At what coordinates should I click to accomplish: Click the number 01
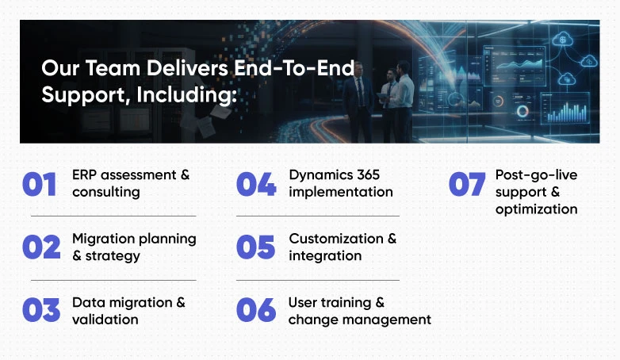tap(39, 184)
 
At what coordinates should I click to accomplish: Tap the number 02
tap(41, 247)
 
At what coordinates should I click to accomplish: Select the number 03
tap(41, 310)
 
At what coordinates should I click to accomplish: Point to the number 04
tap(256, 184)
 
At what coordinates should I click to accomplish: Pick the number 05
tap(255, 247)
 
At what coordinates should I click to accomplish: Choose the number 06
tap(256, 310)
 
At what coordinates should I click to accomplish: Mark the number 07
tap(467, 184)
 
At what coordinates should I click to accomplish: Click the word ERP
tap(85, 175)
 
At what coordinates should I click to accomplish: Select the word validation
tap(105, 320)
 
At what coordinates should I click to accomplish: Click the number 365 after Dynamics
tap(368, 175)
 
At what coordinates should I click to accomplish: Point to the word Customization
tap(336, 239)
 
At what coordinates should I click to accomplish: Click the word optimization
tap(536, 209)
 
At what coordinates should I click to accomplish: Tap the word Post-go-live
tap(536, 176)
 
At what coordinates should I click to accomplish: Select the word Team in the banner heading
tap(113, 68)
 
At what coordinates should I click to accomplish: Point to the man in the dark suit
tap(358, 102)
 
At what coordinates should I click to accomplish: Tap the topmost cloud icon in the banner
tap(562, 39)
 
